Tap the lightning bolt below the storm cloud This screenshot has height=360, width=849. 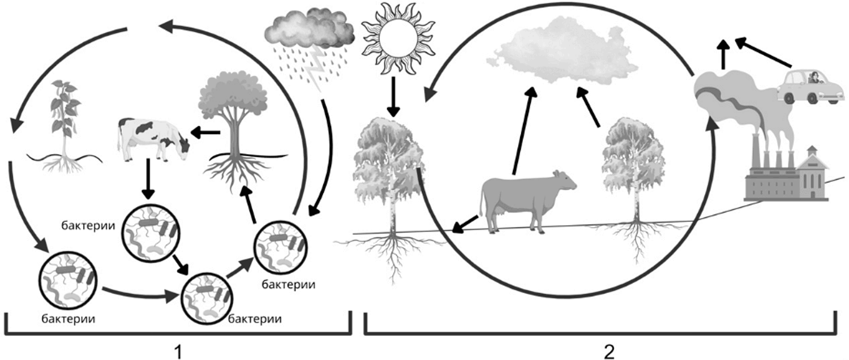(316, 70)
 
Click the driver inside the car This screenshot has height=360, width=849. (813, 78)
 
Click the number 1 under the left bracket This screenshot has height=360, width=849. (177, 352)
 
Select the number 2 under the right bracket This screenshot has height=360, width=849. (609, 352)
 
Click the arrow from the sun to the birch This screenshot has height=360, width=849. (394, 97)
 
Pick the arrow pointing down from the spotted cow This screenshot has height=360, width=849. (148, 179)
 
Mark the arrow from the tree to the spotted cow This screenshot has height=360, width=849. (205, 132)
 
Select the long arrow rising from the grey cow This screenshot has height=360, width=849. (523, 131)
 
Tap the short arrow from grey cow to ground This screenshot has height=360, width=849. (465, 224)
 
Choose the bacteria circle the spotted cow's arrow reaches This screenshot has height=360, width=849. (151, 233)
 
